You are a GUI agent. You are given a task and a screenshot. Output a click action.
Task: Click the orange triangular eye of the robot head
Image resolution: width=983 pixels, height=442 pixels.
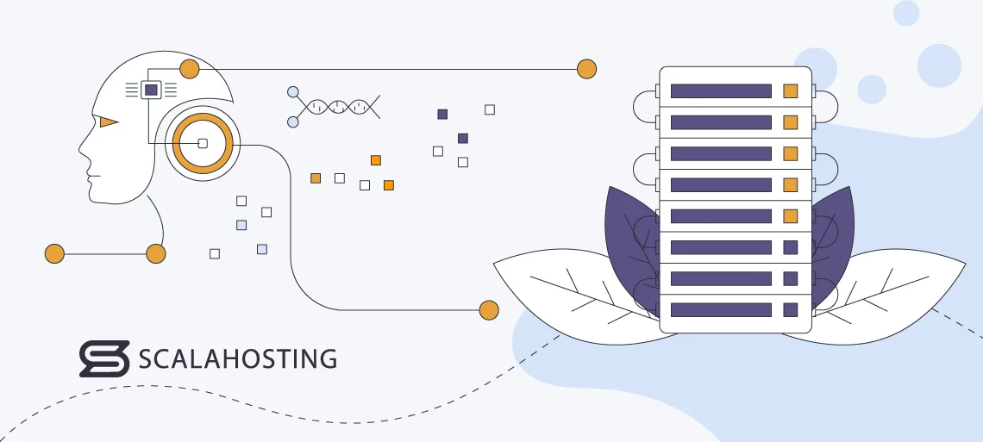tap(107, 122)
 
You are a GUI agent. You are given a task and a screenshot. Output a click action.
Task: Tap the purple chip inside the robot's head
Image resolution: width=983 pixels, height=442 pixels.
tap(151, 89)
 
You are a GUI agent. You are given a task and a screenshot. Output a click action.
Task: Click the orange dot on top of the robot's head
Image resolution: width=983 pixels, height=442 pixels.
tap(190, 69)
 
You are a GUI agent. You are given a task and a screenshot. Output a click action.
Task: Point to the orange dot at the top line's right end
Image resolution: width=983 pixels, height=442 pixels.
tap(586, 69)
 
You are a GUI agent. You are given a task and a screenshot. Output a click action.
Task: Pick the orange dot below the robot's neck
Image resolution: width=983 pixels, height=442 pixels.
tap(156, 253)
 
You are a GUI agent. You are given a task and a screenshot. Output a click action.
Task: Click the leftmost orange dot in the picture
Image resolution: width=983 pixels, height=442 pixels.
tap(54, 253)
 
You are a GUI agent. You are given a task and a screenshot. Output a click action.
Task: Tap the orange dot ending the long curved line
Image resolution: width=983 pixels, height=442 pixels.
tap(489, 309)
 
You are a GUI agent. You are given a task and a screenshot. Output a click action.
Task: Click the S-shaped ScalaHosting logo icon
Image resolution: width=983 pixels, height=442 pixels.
tap(103, 358)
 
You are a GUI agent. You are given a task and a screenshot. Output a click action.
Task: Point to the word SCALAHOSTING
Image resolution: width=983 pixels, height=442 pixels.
tap(237, 358)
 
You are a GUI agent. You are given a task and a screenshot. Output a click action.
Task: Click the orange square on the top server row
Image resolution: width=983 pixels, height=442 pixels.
tap(790, 90)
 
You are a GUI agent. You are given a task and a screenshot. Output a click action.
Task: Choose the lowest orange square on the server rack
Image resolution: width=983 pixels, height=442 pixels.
tap(790, 215)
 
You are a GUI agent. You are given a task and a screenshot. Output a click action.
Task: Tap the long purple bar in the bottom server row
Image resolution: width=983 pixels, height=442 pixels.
tap(720, 309)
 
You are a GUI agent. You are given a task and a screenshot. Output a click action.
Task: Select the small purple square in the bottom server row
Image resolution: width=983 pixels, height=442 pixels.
tap(790, 309)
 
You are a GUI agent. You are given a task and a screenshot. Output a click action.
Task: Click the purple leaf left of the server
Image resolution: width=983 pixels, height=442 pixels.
tap(629, 241)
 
